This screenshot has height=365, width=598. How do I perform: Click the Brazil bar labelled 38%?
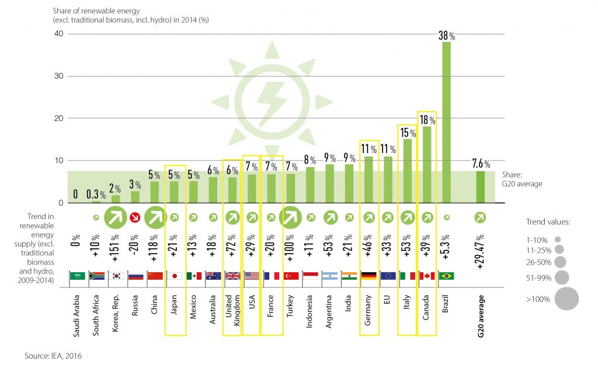446,123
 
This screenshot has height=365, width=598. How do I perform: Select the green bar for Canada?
427,165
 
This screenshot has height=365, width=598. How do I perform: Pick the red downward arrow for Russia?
135,217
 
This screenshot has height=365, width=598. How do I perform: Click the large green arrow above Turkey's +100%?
290,218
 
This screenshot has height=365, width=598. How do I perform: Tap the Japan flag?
175,276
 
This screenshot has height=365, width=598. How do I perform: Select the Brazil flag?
446,276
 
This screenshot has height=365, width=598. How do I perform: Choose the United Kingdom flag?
232,276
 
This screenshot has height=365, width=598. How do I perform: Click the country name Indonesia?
310,316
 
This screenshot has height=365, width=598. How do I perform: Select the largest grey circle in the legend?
566,298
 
